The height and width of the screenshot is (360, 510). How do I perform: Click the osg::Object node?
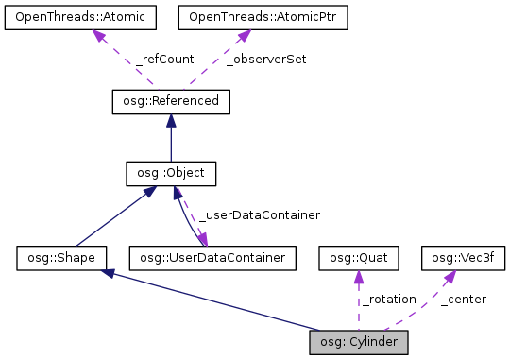[171, 173]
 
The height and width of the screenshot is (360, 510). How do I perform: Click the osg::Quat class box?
[359, 256]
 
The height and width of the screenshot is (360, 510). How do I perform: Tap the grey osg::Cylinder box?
[359, 340]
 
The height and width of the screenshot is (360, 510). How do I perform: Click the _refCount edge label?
[165, 60]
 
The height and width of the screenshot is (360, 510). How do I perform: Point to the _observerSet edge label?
[266, 60]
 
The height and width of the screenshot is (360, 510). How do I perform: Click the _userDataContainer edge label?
[259, 215]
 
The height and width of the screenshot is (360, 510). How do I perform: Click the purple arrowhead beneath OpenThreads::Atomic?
[97, 35]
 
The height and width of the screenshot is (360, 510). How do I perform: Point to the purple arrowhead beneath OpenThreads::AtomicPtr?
[242, 35]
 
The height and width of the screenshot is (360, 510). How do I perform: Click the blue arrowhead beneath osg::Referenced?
[170, 119]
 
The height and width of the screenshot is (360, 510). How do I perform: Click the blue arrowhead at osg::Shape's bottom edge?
[110, 273]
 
